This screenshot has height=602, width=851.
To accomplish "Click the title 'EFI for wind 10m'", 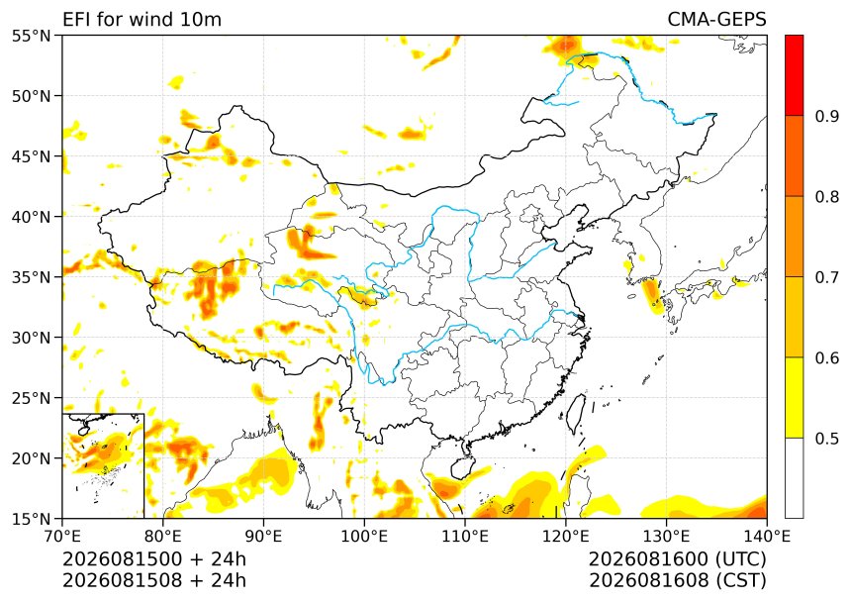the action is click(142, 20).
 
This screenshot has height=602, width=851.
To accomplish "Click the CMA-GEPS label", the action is click(716, 20).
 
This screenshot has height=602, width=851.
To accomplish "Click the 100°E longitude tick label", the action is click(364, 537).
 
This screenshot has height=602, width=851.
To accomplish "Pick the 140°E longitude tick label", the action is click(766, 537).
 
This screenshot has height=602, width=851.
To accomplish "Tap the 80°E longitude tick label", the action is click(163, 537).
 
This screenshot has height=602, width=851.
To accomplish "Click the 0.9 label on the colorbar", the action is click(827, 116).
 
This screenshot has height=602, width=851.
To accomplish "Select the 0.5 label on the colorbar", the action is click(827, 439).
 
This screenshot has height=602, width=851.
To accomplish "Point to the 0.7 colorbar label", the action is click(827, 277).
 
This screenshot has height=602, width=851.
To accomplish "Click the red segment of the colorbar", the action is click(794, 75).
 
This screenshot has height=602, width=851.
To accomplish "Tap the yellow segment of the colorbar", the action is click(794, 397).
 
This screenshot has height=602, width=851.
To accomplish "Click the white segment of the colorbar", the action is click(794, 478).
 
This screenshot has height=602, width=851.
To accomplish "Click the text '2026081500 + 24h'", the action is click(154, 558).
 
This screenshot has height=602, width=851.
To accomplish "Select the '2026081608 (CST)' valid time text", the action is click(677, 580).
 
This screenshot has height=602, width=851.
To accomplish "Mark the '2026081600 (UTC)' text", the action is click(677, 558).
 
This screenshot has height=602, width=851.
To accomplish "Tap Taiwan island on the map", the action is click(577, 413).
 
